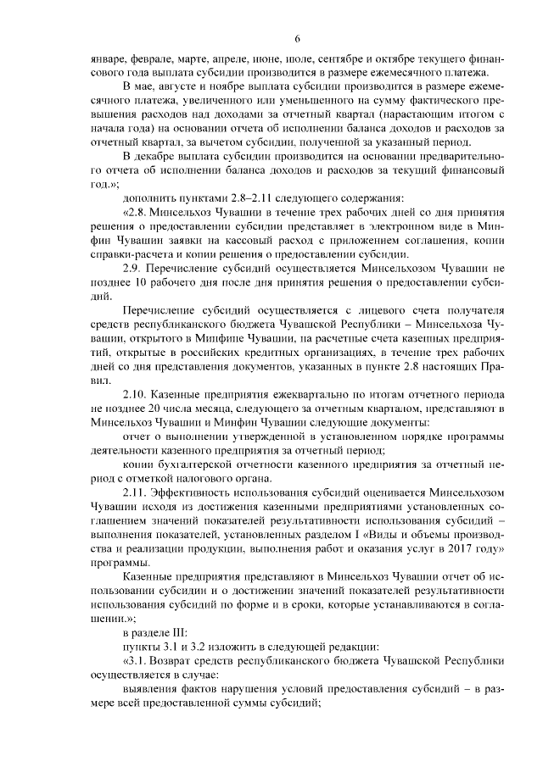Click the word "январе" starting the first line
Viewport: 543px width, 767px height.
(107, 62)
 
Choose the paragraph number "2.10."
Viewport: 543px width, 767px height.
(140, 396)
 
